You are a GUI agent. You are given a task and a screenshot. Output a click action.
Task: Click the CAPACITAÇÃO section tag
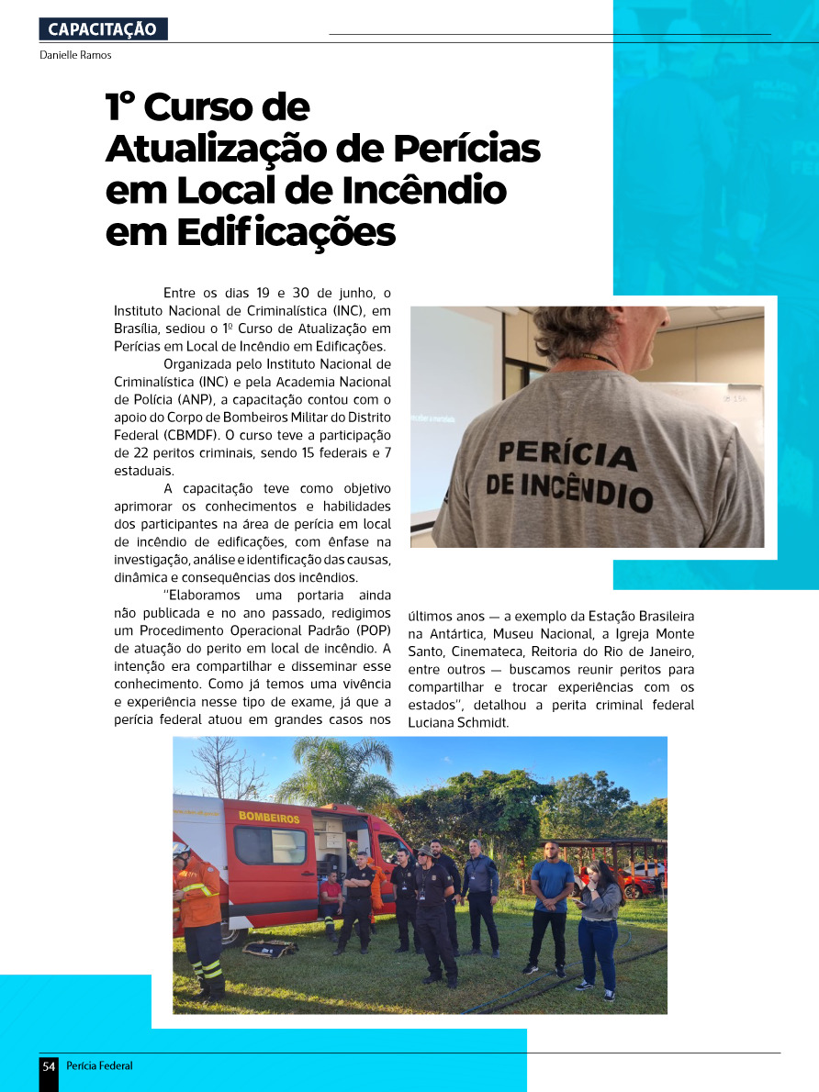pos(103,29)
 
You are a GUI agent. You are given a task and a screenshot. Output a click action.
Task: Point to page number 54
pos(49,1066)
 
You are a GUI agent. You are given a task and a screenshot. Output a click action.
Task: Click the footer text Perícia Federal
pos(100,1066)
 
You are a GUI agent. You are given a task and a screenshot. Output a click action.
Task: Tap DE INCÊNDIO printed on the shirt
pos(569,488)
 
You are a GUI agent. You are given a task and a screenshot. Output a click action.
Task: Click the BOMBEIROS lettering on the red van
pos(269,818)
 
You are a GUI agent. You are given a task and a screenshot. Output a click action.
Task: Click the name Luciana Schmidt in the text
pos(454,723)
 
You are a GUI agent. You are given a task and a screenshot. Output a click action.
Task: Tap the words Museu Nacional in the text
pos(535,634)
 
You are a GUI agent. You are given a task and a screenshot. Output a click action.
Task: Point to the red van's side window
pos(270,845)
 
